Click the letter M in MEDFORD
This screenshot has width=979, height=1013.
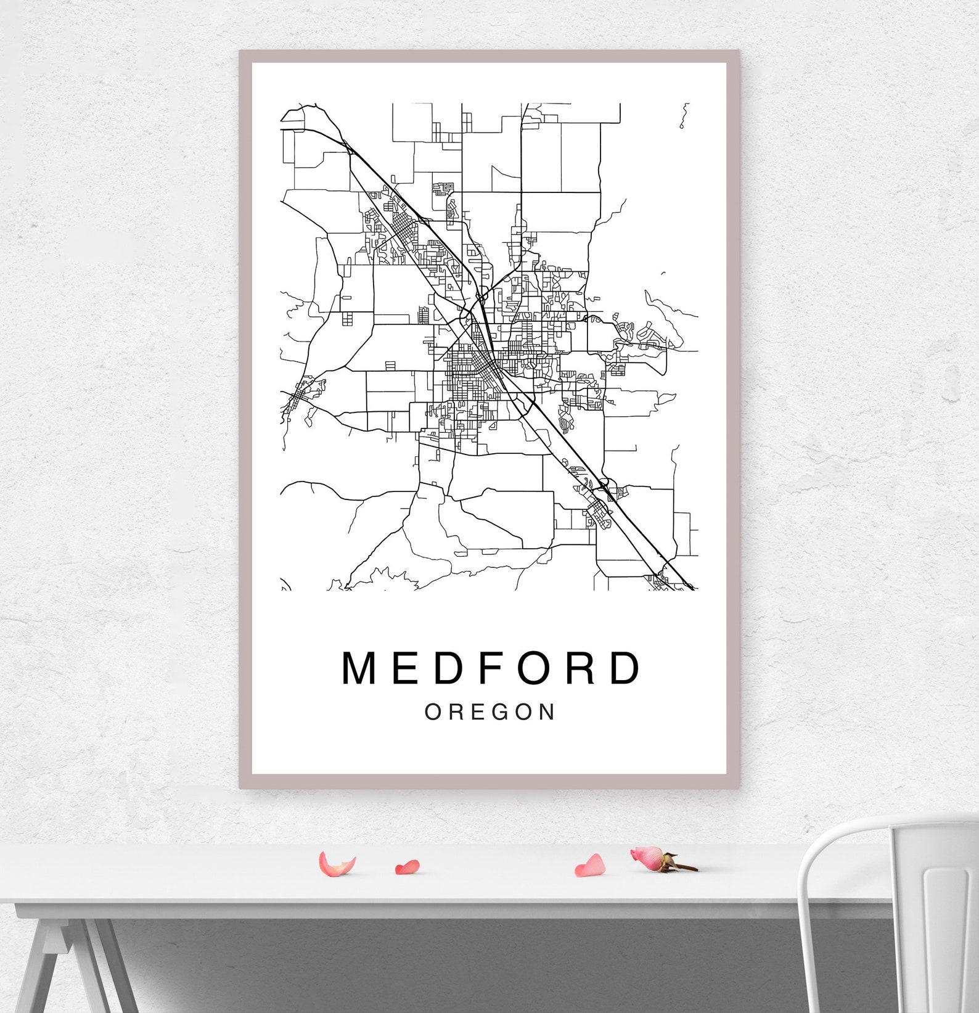[360, 668]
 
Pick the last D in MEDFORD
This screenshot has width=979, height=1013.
[625, 668]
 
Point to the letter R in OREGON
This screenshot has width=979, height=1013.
[457, 712]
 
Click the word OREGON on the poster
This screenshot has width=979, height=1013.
[490, 712]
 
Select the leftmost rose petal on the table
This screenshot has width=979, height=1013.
[336, 864]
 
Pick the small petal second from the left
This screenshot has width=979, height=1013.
[408, 867]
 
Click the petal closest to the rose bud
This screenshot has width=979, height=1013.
[591, 866]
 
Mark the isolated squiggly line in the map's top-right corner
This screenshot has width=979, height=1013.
[684, 116]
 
